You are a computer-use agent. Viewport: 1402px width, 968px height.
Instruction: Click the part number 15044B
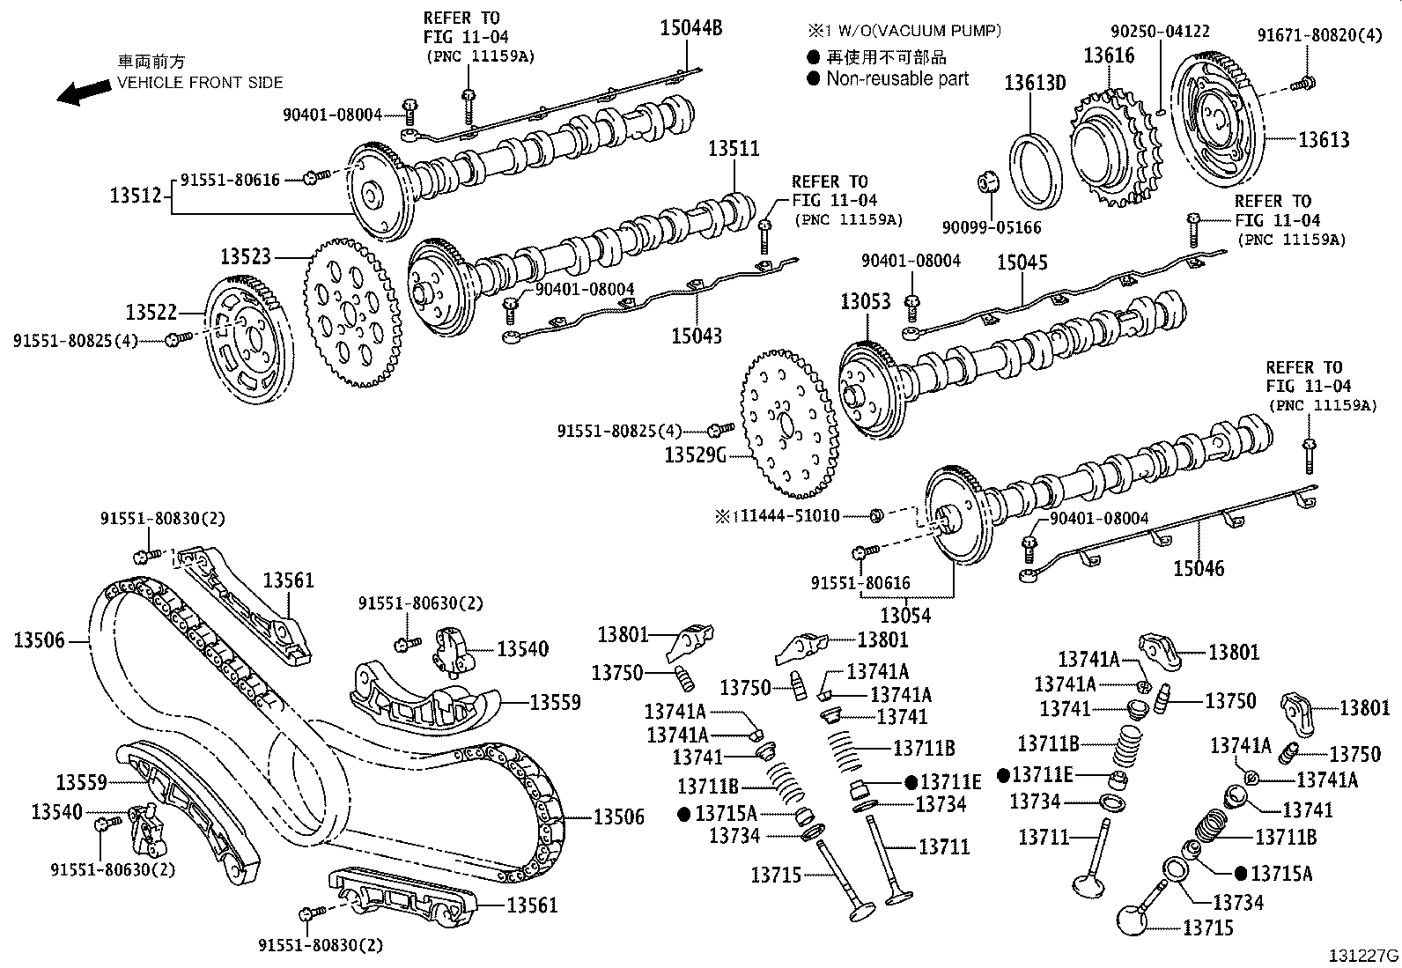pos(690,28)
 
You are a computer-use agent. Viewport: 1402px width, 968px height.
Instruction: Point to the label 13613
pos(1324,139)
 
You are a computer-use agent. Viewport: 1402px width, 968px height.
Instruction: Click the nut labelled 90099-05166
pos(988,182)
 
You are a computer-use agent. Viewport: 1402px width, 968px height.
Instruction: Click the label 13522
pos(151,312)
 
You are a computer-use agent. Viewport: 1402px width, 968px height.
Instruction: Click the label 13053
pos(865,301)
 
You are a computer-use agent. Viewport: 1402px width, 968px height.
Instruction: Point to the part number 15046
pos(1198,568)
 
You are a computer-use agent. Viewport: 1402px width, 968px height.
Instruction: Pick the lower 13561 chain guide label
pos(533,905)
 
